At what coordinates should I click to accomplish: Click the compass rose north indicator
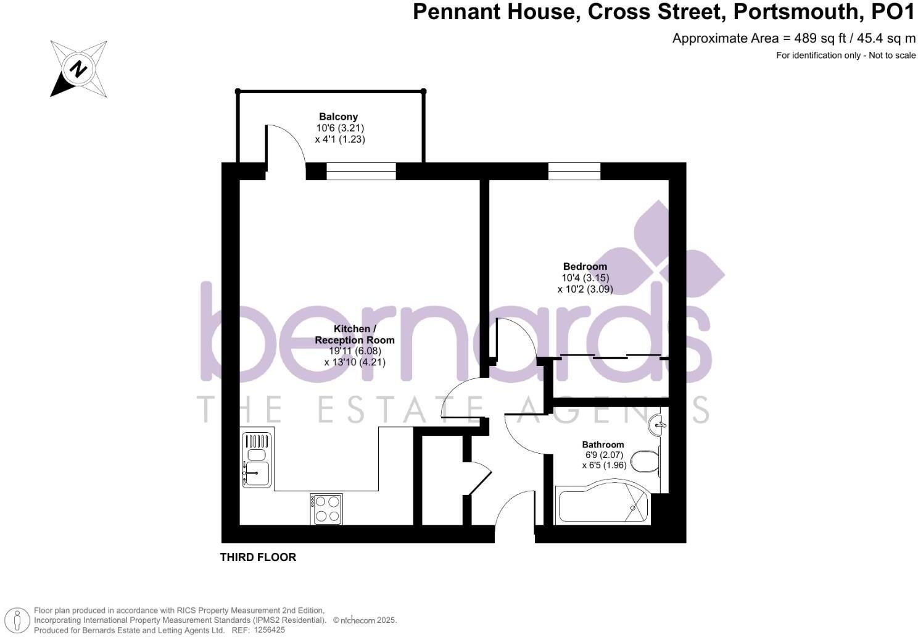pyautogui.click(x=78, y=69)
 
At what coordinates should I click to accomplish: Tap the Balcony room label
pyautogui.click(x=339, y=117)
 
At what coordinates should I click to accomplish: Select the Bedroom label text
pyautogui.click(x=585, y=267)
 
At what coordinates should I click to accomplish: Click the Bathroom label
pyautogui.click(x=603, y=445)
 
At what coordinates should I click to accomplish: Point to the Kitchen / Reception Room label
pyautogui.click(x=355, y=335)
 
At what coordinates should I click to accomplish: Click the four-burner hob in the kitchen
pyautogui.click(x=326, y=509)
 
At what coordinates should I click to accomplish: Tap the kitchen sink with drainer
pyautogui.click(x=257, y=460)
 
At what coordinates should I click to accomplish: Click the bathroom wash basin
pyautogui.click(x=658, y=424)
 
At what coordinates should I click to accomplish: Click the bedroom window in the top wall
pyautogui.click(x=574, y=171)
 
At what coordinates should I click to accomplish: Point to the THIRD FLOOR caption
pyautogui.click(x=258, y=557)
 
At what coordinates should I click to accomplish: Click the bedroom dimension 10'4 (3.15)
pyautogui.click(x=585, y=278)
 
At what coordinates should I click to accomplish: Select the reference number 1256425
pyautogui.click(x=270, y=630)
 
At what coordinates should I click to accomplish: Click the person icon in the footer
pyautogui.click(x=17, y=620)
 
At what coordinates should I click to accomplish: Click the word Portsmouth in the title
pyautogui.click(x=796, y=12)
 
